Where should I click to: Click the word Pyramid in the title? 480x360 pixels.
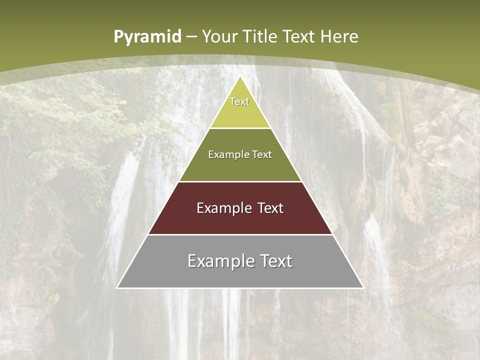pos(147,37)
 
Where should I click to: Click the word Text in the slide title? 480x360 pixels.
pos(299,36)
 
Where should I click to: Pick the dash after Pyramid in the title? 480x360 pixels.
pos(191,37)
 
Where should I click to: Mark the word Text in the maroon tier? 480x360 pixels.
pos(271,208)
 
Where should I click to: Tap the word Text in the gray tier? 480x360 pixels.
pos(277,261)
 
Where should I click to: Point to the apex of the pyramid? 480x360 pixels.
pos(240,77)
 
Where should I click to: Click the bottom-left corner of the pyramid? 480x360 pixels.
pos(117,287)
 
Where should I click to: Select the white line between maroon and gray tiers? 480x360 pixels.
pos(240,234)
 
